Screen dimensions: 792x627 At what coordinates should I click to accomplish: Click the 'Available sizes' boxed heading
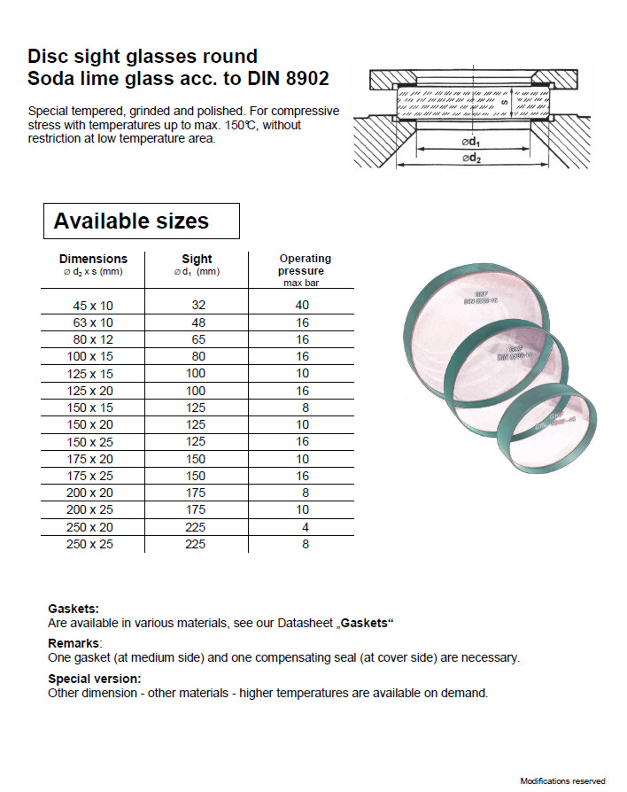tap(131, 221)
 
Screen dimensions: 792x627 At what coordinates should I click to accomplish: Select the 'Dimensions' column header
tap(93, 259)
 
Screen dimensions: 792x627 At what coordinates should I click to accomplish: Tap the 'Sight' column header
tap(197, 259)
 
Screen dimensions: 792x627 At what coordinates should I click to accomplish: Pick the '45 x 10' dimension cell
tap(93, 305)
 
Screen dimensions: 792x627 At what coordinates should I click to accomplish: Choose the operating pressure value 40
tap(302, 305)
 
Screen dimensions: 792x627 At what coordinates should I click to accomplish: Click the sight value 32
tap(197, 305)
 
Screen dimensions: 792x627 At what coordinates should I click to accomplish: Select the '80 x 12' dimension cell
tap(93, 339)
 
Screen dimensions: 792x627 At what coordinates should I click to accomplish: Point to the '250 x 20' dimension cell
tap(89, 527)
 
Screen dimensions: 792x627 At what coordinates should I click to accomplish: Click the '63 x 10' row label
tap(93, 322)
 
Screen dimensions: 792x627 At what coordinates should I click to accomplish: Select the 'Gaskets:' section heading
tap(73, 609)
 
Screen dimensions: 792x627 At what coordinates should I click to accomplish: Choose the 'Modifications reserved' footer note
tap(562, 780)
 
